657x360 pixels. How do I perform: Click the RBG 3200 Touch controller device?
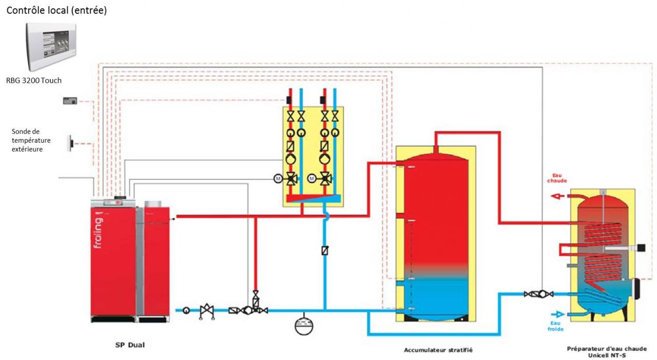(51, 47)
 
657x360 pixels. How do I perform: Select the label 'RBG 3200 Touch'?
(34, 81)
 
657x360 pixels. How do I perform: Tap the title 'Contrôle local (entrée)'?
(56, 10)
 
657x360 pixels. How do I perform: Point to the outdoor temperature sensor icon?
(69, 143)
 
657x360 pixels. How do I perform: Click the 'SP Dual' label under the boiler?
(129, 345)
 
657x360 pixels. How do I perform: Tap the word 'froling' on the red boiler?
(98, 232)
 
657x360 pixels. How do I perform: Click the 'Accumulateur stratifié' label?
(438, 350)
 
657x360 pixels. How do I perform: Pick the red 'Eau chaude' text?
(557, 178)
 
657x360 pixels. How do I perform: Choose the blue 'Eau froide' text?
(555, 326)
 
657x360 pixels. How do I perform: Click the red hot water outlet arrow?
(556, 196)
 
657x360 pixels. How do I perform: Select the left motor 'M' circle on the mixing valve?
(278, 178)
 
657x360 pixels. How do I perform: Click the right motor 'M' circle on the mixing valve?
(312, 178)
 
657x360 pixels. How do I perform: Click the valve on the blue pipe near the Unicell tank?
(538, 294)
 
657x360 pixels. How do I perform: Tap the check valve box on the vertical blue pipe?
(324, 251)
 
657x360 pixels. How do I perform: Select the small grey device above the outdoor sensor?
(70, 101)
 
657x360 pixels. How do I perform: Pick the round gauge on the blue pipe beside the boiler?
(186, 310)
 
